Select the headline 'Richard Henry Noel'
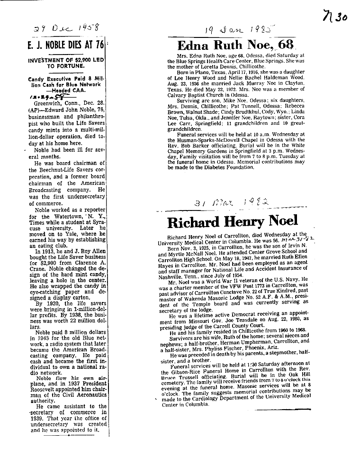(x=232, y=221)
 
